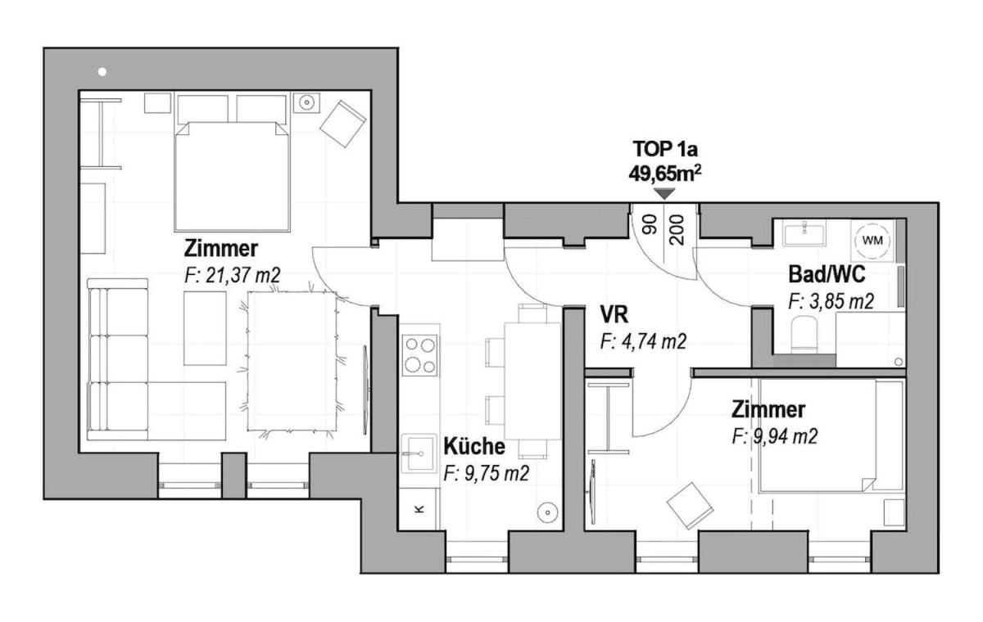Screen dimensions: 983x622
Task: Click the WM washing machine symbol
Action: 872,241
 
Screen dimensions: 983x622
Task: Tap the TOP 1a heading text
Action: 665,150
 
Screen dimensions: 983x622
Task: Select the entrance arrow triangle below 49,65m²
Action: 664,194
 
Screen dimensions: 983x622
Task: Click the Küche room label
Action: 474,446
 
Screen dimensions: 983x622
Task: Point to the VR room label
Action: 614,314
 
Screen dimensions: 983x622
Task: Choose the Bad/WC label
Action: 827,274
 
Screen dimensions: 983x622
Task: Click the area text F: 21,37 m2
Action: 232,276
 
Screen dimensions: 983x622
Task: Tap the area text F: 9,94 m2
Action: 775,436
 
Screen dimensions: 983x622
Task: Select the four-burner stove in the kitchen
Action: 420,355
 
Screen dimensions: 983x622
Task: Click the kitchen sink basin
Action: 419,453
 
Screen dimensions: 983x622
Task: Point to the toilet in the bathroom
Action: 804,334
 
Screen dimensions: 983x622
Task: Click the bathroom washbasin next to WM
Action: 804,233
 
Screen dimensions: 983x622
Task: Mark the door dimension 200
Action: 677,230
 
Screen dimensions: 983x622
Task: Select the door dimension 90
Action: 650,224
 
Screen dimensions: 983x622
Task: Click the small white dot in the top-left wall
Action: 102,72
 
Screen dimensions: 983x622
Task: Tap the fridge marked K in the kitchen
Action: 419,508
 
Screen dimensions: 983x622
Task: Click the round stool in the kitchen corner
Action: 547,512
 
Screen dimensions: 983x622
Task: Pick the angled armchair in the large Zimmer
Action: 342,124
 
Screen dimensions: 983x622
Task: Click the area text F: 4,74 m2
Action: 643,341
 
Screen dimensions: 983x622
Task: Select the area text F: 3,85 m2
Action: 831,301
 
